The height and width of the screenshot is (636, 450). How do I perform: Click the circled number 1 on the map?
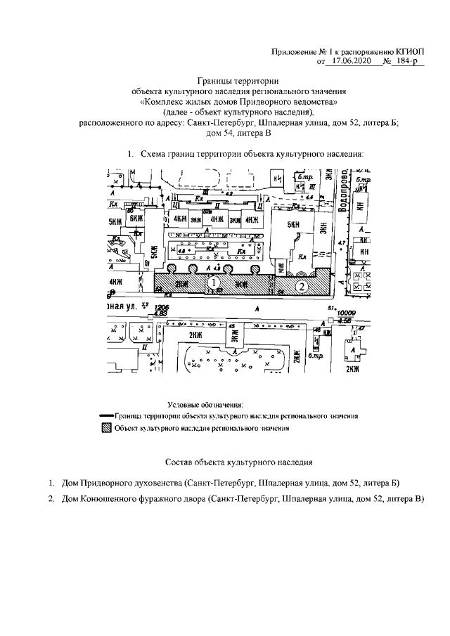click(211, 283)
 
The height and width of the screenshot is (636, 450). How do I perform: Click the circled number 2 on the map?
click(300, 286)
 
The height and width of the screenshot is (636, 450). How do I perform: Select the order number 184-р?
click(406, 63)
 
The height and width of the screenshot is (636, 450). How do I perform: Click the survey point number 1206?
click(162, 308)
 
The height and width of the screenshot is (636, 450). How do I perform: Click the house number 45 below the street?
click(231, 326)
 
